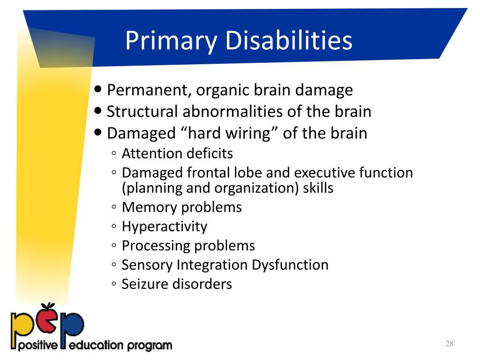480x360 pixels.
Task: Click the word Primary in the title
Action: pyautogui.click(x=171, y=41)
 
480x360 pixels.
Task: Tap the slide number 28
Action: pyautogui.click(x=450, y=345)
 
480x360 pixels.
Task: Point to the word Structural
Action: pyautogui.click(x=142, y=112)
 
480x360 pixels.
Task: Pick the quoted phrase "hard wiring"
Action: pyautogui.click(x=229, y=133)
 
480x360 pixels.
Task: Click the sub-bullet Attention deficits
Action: pyautogui.click(x=177, y=153)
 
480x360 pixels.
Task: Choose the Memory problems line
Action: pyautogui.click(x=181, y=207)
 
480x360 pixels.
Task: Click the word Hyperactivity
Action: pyautogui.click(x=164, y=226)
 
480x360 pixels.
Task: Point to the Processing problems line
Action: pyautogui.click(x=188, y=246)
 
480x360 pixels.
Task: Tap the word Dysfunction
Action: pyautogui.click(x=290, y=265)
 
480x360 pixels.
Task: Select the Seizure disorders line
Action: pyautogui.click(x=177, y=284)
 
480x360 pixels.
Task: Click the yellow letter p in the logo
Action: pyautogui.click(x=23, y=327)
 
